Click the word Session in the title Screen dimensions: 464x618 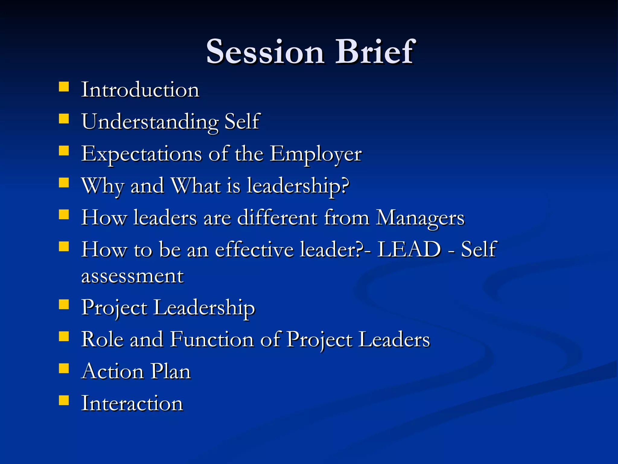265,52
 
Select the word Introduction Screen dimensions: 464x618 140,90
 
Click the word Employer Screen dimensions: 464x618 315,154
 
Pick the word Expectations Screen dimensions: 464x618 142,154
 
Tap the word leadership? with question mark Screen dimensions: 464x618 298,186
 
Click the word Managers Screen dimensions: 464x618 420,218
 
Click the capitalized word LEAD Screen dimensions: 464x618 409,250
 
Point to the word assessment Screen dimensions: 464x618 132,276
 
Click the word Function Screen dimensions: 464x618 212,340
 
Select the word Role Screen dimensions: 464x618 102,340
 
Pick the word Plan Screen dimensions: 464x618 170,372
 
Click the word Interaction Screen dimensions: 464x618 132,404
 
